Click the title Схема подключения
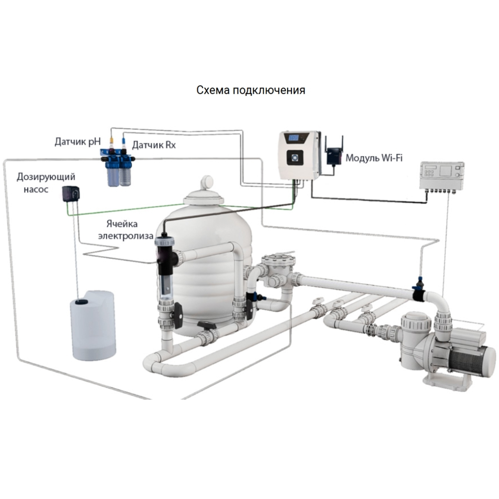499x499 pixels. pos(250,90)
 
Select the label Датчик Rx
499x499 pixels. pos(154,145)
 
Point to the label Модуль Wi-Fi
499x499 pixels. pos(374,158)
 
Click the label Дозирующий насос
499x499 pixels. pos(46,183)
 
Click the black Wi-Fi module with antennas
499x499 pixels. pos(333,155)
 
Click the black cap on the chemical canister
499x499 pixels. pos(82,302)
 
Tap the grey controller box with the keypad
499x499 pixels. pos(441,176)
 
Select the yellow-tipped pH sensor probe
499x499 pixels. pos(112,139)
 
